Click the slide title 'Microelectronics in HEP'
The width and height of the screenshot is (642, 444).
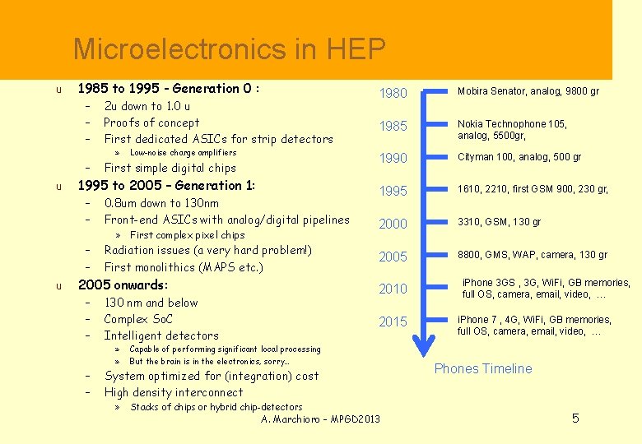[x=229, y=50]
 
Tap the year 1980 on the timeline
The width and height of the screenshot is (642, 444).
[x=393, y=94]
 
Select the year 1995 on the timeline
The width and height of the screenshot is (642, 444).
[x=393, y=191]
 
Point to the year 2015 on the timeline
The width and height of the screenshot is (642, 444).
[x=393, y=321]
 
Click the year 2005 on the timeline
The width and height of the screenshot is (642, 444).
[x=393, y=257]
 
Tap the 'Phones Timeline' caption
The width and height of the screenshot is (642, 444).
[x=483, y=368]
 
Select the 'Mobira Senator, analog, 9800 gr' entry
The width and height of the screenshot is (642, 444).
[x=528, y=91]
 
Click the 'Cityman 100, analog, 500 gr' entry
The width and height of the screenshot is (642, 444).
[x=519, y=157]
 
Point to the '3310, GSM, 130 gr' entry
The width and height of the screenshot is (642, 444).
[x=500, y=222]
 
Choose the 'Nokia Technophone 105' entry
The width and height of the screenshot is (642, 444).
[x=512, y=124]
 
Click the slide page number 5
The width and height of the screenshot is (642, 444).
[x=575, y=419]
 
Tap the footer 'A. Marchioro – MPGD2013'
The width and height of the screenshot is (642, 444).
[x=320, y=419]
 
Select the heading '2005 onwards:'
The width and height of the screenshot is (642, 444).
[x=123, y=285]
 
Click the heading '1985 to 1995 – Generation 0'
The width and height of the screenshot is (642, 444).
[x=169, y=89]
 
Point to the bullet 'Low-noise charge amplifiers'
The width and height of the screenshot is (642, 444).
[x=183, y=153]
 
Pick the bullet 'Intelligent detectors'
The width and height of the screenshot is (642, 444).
[x=161, y=335]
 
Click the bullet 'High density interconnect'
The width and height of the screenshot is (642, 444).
[x=174, y=392]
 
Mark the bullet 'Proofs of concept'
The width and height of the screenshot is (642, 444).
[x=151, y=123]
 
